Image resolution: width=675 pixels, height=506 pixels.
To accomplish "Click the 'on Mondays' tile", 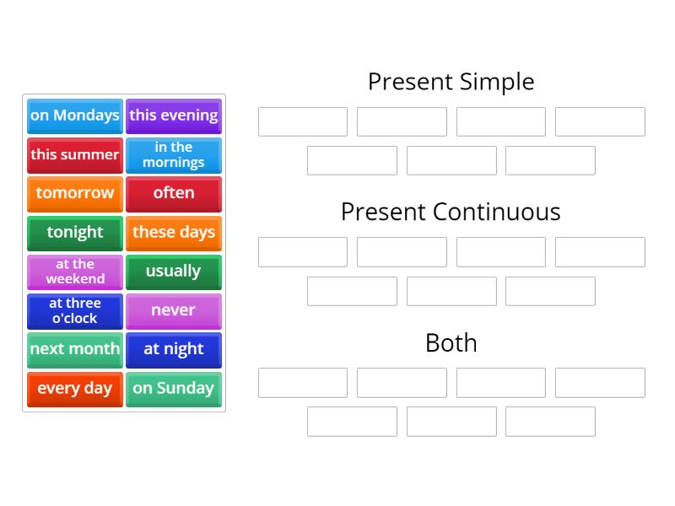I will coord(75,116).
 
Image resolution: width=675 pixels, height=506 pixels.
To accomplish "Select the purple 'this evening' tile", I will coord(174,116).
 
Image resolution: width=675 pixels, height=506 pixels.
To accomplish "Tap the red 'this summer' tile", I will coord(75,154).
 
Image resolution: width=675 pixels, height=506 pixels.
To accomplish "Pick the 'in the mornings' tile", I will coord(174,154).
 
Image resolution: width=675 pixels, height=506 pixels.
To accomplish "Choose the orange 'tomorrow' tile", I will coord(75,193).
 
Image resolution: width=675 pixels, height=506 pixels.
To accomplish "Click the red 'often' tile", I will coord(174,193).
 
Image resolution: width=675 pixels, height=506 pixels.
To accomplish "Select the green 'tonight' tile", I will coord(75,232).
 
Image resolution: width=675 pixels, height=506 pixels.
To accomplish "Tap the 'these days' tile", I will coord(174,232).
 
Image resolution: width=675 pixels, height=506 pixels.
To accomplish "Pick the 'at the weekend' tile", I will coord(75,272).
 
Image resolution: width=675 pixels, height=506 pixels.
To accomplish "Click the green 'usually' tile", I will coord(174,272).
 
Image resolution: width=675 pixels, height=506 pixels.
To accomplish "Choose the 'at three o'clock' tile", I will coord(75,310).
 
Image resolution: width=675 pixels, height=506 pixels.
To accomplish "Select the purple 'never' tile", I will coord(174,310).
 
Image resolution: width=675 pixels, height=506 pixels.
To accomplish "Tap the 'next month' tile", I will coord(75,349).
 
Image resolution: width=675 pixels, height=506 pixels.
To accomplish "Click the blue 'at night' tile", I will coord(174,349).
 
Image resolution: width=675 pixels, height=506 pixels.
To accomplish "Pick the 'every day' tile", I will coord(75,389).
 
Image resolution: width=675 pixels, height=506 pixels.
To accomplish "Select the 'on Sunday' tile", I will coord(174,389).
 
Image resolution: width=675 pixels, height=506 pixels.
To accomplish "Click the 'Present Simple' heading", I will coord(451,82).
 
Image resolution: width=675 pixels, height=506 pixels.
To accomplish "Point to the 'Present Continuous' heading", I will coord(451,212).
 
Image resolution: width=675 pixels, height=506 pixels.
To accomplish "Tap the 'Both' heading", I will coord(451,342).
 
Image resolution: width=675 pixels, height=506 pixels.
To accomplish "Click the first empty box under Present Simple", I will coord(303,121).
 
